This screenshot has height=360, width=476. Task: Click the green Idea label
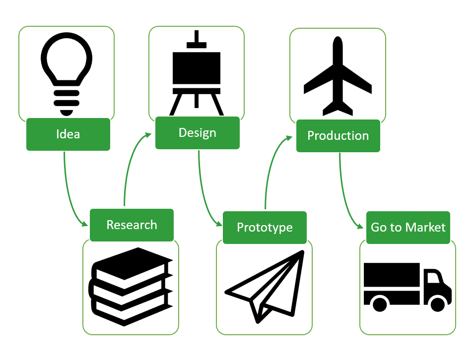pyautogui.click(x=68, y=134)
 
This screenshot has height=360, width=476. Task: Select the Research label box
pyautogui.click(x=132, y=225)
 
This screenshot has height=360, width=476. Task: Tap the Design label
pyautogui.click(x=197, y=132)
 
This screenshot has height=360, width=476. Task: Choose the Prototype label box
pyautogui.click(x=265, y=228)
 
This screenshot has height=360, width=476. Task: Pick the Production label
pyautogui.click(x=338, y=136)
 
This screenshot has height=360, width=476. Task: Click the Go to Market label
pyautogui.click(x=408, y=228)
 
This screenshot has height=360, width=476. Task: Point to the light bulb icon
pyautogui.click(x=67, y=69)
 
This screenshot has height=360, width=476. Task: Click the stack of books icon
pyautogui.click(x=131, y=286)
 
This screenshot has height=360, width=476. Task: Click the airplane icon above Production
pyautogui.click(x=338, y=77)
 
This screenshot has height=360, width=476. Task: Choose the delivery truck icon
pyautogui.click(x=407, y=287)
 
